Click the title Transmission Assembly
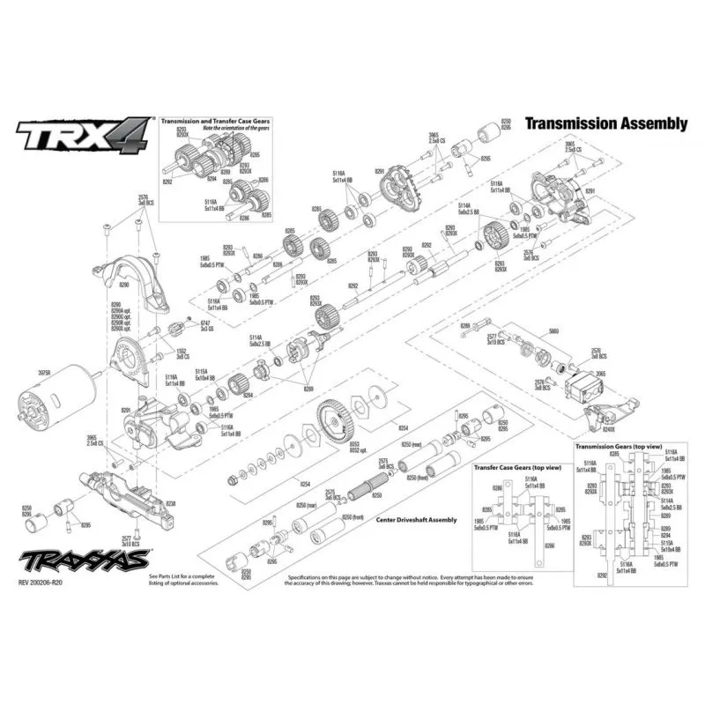tap(605, 124)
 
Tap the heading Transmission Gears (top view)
tap(618, 448)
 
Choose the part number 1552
tap(182, 353)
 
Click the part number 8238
tap(170, 503)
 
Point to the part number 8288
tap(465, 326)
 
